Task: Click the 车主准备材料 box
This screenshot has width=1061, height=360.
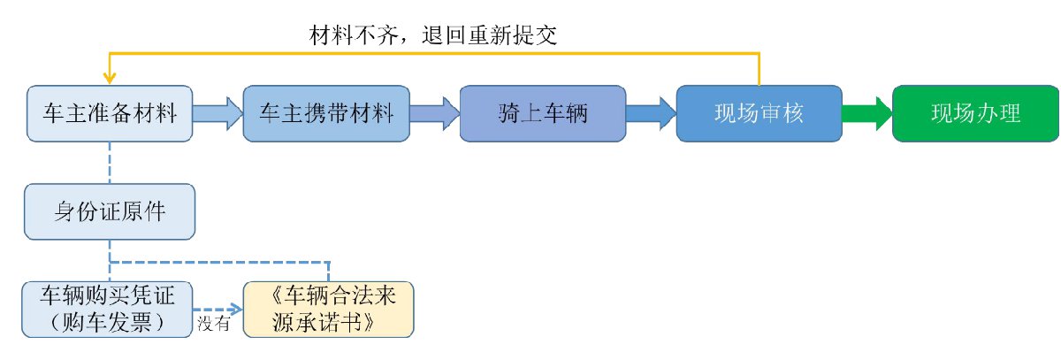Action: [x=110, y=113]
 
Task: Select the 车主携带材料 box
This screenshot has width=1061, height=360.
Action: [x=326, y=113]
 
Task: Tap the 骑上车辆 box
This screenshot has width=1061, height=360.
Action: [x=543, y=113]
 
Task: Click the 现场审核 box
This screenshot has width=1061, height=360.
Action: [x=758, y=113]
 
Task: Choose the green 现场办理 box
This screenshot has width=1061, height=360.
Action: [x=975, y=113]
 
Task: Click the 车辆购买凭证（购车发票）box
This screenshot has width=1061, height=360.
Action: [x=110, y=309]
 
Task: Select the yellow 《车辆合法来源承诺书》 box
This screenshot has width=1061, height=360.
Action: [x=328, y=309]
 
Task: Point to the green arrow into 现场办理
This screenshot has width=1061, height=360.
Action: [x=866, y=113]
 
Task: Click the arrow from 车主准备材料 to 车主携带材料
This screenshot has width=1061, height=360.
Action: [x=218, y=113]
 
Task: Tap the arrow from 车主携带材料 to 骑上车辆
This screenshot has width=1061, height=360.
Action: [x=434, y=113]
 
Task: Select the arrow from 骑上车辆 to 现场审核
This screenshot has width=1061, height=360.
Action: [x=651, y=113]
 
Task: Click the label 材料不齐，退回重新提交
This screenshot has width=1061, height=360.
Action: [x=432, y=35]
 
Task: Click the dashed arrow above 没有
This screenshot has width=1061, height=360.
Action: [x=218, y=309]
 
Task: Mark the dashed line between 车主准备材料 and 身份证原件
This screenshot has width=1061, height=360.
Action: [x=110, y=163]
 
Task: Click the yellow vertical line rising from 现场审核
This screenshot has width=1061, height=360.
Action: [x=759, y=70]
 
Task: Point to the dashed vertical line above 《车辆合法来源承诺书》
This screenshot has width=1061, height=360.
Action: [x=329, y=271]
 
